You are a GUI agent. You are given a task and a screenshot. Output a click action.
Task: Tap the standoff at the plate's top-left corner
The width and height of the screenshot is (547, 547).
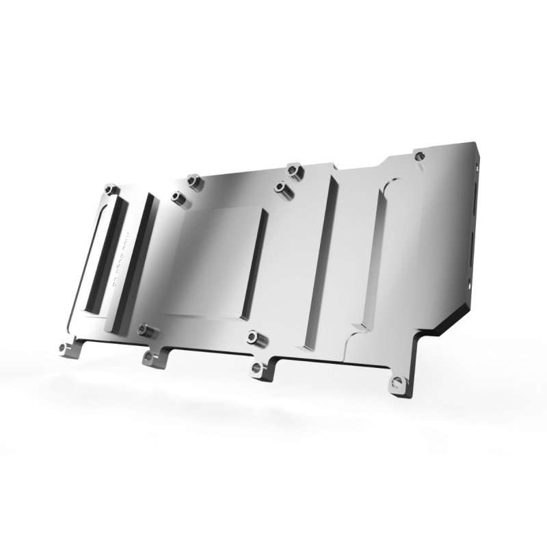click(x=111, y=189)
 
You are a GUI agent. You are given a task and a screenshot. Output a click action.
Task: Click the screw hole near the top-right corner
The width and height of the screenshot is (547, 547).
click(x=418, y=157)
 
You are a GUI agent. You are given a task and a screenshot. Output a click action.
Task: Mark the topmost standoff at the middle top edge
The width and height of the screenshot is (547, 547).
click(x=294, y=168)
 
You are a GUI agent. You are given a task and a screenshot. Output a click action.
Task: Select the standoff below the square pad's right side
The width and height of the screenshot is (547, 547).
click(x=254, y=336)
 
